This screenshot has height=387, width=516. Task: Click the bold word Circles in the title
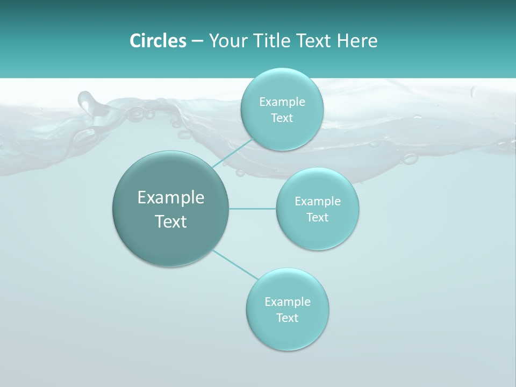point(157,41)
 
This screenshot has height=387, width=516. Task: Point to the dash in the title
point(197,41)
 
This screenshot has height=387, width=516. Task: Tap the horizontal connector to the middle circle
point(253,209)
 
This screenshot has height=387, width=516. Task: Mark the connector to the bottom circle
point(235,264)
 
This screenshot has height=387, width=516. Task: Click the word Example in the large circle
point(171,198)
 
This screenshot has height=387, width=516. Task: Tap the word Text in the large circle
point(171,221)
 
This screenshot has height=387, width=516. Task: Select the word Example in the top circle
point(282,102)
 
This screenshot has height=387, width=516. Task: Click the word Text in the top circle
point(282,118)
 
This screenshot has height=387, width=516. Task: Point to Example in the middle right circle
point(318,202)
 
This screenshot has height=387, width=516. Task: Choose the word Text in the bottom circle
point(288,318)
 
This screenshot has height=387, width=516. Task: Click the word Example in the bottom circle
point(288,302)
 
